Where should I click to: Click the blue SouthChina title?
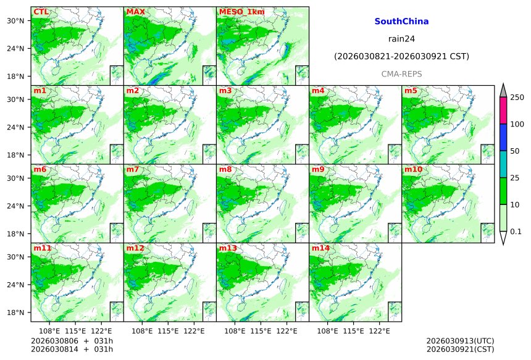point(401,21)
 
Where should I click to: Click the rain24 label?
point(401,38)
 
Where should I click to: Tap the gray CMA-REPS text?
point(401,73)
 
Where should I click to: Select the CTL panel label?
point(41,12)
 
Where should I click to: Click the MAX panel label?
point(135,12)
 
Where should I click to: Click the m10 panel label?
point(414,169)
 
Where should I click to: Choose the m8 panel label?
point(225,169)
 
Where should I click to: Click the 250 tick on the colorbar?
point(517,98)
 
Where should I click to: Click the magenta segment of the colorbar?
point(503,111)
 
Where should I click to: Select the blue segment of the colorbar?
point(503,137)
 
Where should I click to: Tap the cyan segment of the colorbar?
point(503,164)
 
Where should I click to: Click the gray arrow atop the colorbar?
point(503,90)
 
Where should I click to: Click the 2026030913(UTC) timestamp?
point(460,341)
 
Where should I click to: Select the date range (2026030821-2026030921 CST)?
point(401,56)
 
